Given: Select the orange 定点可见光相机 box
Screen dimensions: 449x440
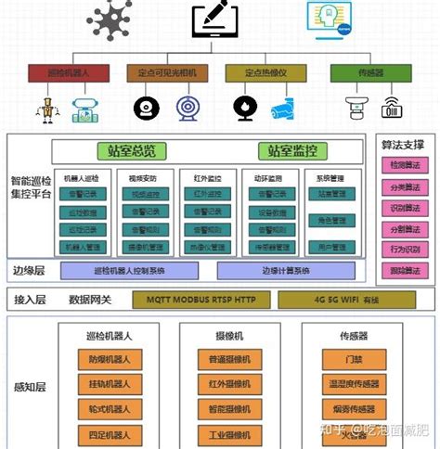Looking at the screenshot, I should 163,71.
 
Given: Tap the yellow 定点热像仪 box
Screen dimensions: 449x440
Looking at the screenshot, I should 264,71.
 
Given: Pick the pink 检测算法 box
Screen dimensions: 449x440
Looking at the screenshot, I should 405,164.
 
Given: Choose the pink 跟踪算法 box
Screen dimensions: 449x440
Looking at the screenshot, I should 405,271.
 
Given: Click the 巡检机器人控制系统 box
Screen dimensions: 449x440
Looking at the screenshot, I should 130,271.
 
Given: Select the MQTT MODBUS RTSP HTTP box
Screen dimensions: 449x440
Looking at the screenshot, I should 199,300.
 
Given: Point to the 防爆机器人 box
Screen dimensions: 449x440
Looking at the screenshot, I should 109,360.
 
